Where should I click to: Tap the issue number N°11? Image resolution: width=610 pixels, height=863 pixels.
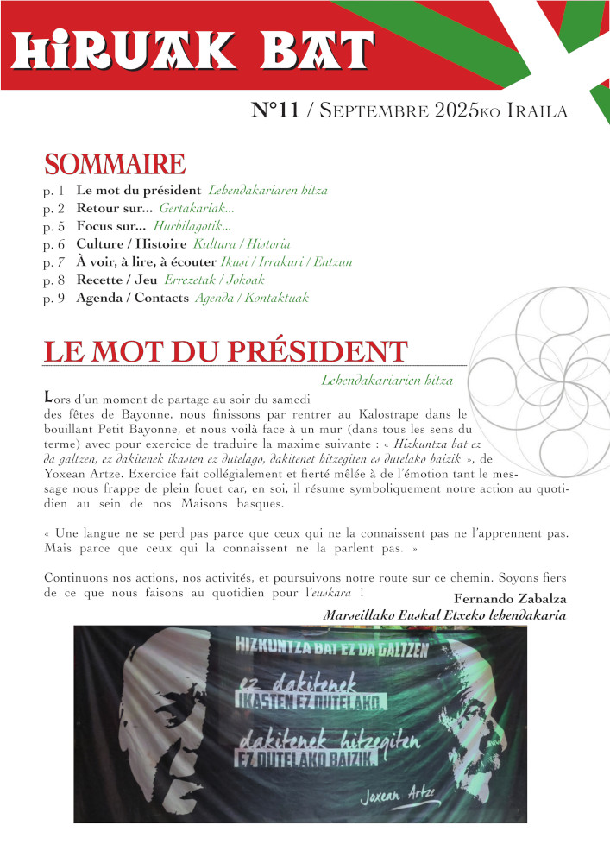pyautogui.click(x=275, y=110)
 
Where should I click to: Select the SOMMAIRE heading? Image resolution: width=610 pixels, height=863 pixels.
pyautogui.click(x=114, y=164)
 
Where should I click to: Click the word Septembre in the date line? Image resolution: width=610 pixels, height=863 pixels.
pyautogui.click(x=372, y=111)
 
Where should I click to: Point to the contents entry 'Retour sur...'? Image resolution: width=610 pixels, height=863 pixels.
pyautogui.click(x=115, y=208)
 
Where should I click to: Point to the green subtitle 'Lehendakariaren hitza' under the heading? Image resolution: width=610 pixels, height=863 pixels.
pyautogui.click(x=387, y=380)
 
